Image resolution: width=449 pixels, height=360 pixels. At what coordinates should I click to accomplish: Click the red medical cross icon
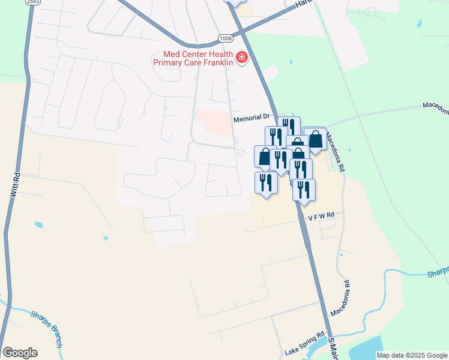pos(242,58)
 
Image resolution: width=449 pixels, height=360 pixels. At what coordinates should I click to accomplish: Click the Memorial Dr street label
pos(252,118)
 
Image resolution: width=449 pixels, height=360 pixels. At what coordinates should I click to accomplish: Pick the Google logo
pos(20,352)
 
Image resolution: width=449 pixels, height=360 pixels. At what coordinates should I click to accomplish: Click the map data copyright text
pos(412,355)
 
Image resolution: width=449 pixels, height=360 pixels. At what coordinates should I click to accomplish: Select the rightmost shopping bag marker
pos(315,139)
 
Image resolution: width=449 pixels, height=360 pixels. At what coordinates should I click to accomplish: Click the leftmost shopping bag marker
pos(265,157)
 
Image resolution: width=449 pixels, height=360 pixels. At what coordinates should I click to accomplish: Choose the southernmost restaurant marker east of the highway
pos(304,190)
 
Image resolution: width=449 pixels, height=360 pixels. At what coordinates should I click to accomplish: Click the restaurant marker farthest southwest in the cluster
pos(265,182)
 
